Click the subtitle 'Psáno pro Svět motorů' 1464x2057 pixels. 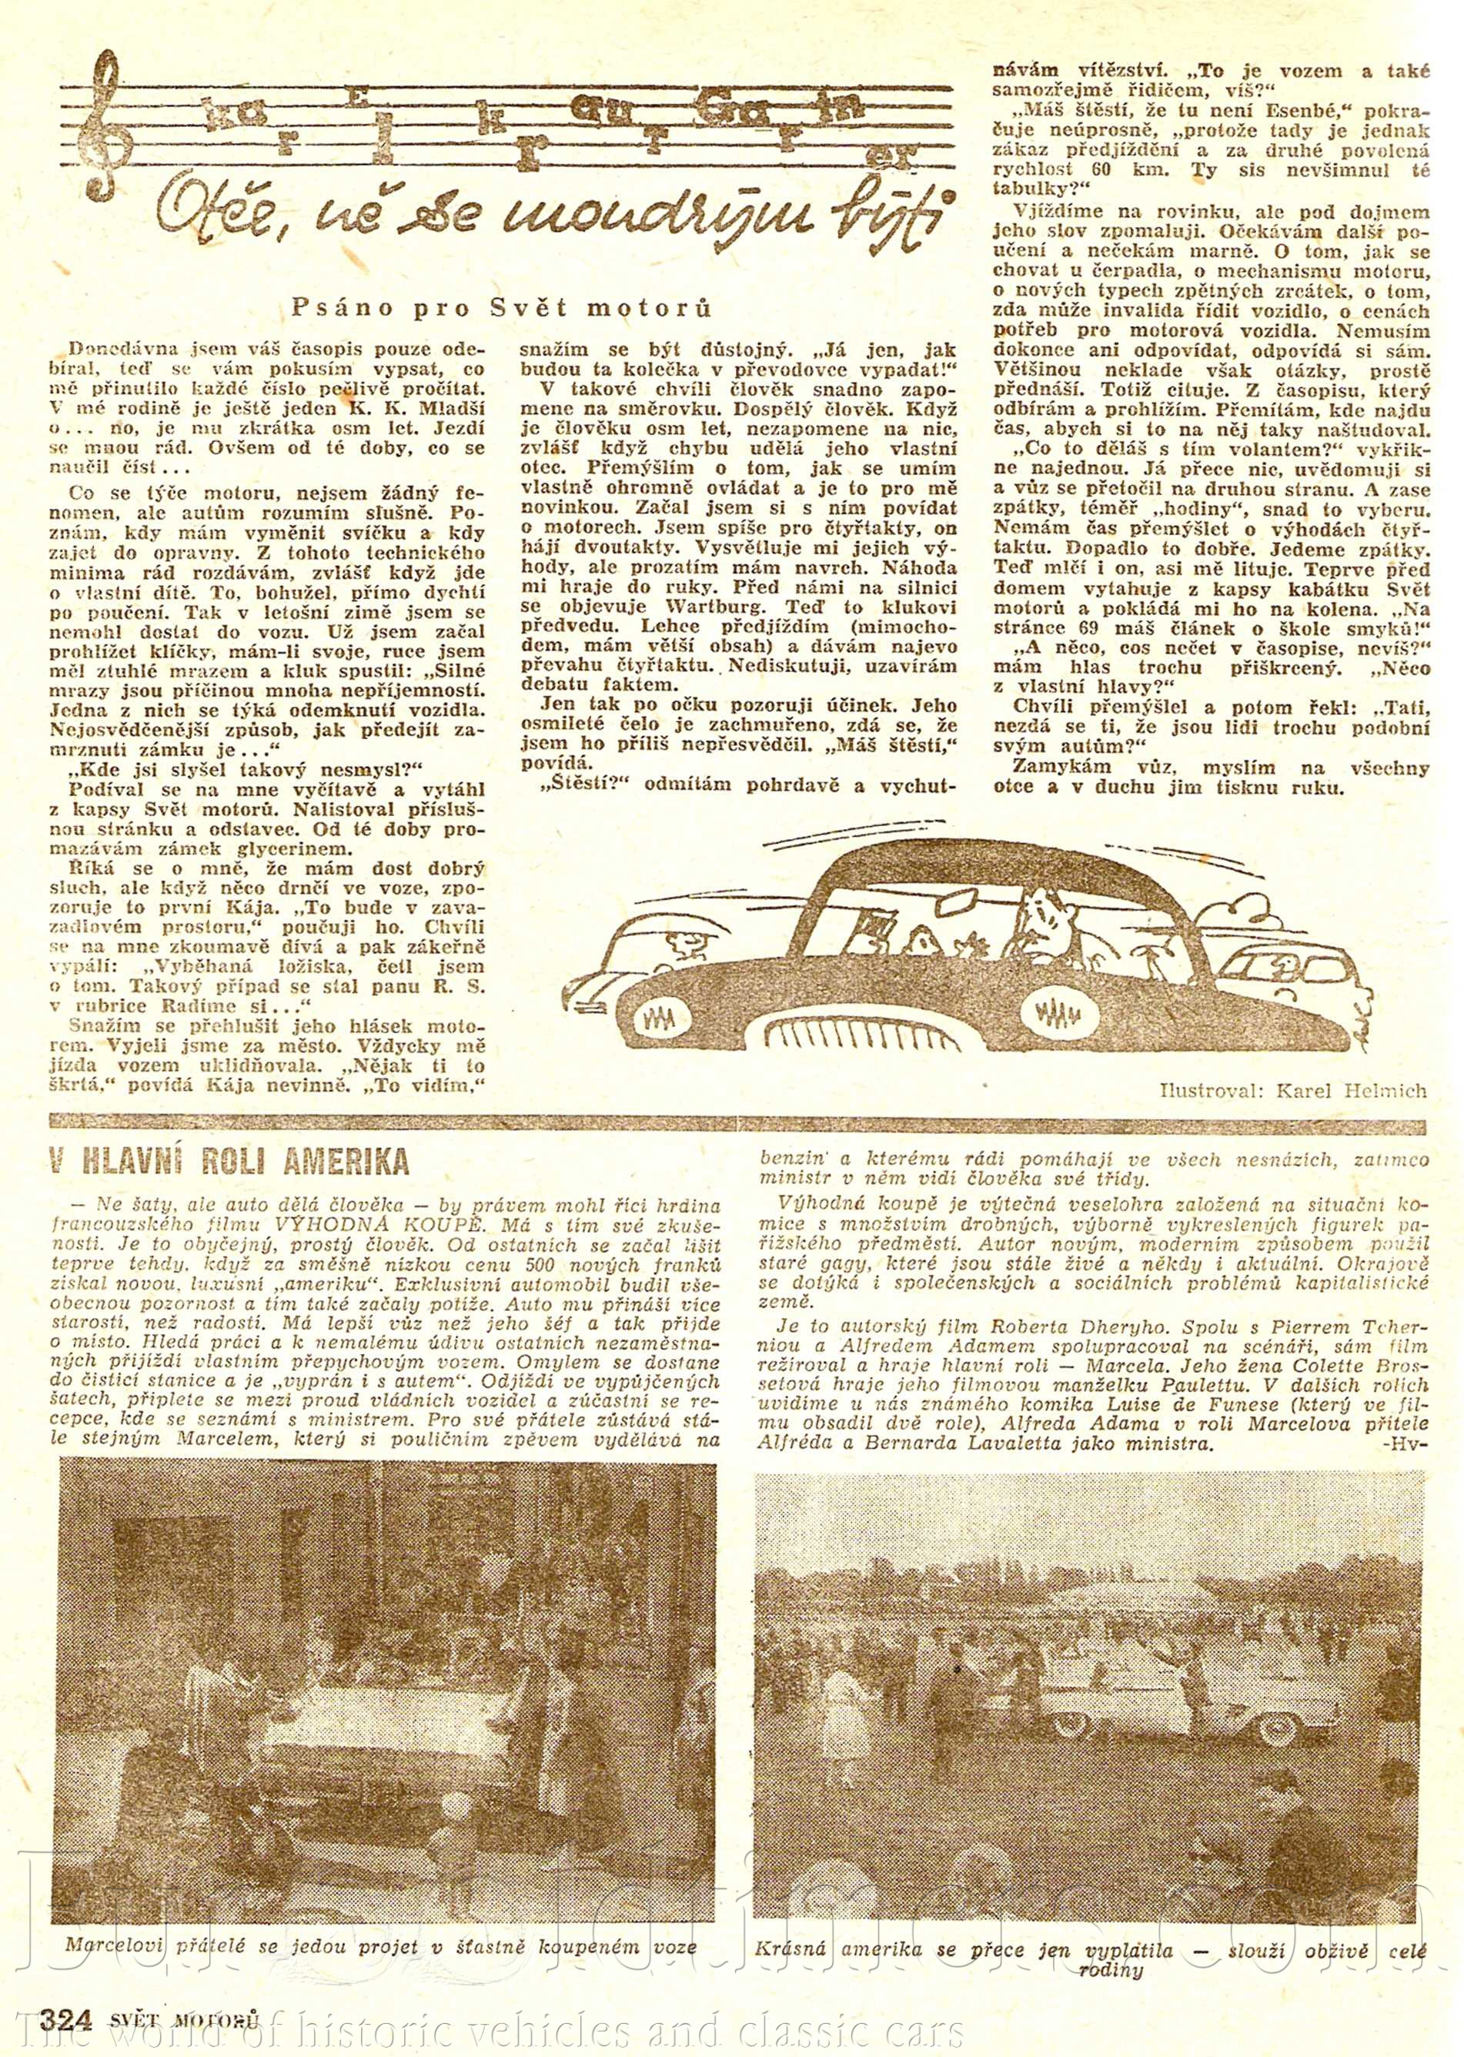(501, 307)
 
